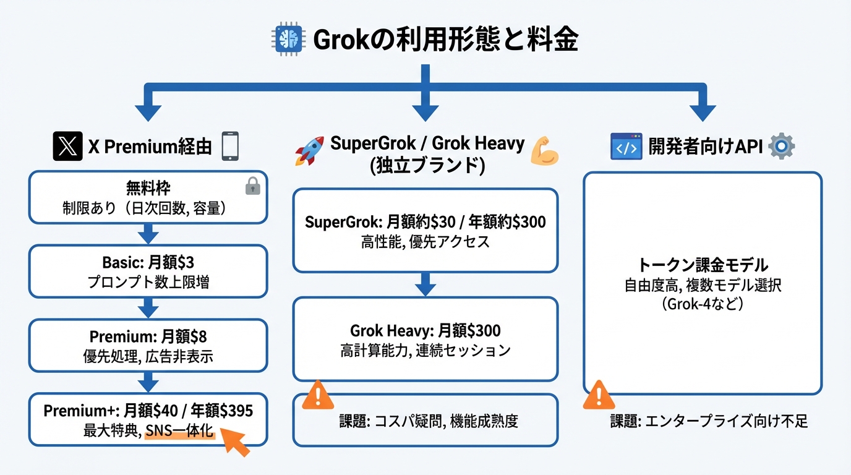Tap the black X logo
tap(67, 147)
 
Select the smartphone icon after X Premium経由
tap(229, 146)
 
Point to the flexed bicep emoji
tap(545, 150)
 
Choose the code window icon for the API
tap(626, 147)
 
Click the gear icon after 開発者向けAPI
tap(781, 147)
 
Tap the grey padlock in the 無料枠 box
tap(253, 186)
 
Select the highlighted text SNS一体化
tap(179, 432)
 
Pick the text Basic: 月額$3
tap(148, 263)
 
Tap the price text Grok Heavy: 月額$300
tap(425, 330)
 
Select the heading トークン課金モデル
tap(703, 265)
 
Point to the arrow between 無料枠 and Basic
tap(147, 234)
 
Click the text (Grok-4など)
tap(703, 304)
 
